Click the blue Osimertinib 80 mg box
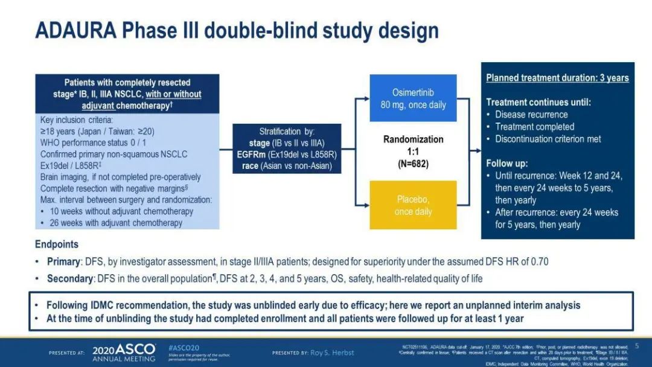(413, 99)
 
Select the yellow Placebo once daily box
(413, 205)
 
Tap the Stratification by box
(287, 148)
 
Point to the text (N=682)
(413, 163)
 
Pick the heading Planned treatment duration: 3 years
(557, 78)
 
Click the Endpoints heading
(57, 245)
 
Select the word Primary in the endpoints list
(63, 262)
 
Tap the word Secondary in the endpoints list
(69, 279)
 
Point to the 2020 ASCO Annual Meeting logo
(124, 352)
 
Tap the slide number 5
(636, 346)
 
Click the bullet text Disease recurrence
(531, 115)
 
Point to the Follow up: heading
(507, 163)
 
